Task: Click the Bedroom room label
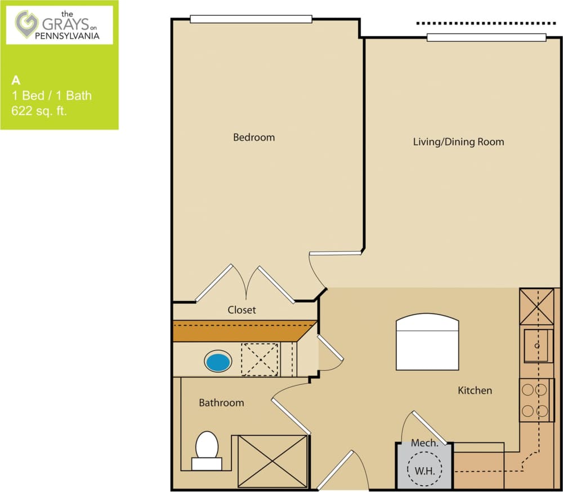coord(254,137)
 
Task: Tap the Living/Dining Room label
coord(458,141)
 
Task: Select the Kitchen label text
coord(475,390)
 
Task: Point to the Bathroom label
coord(221,402)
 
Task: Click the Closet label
coord(242,309)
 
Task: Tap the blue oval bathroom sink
coord(218,361)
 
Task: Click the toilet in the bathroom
coord(207,449)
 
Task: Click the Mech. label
coord(425,443)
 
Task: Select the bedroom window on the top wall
coord(251,19)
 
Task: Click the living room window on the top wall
coord(486,38)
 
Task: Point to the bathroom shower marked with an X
coord(272,460)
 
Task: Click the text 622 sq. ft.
coord(39,111)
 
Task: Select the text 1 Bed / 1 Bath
coord(52,95)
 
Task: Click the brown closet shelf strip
coord(242,331)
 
